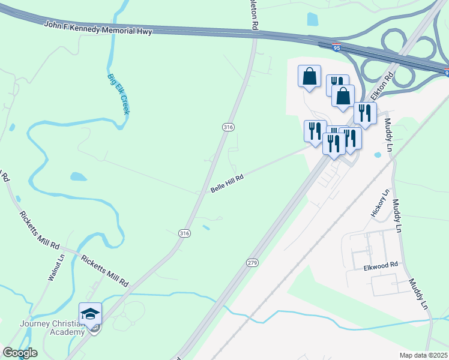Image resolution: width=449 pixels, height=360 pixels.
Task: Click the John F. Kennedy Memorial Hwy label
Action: point(98,28)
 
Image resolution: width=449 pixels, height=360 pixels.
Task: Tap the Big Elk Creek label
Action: point(118,94)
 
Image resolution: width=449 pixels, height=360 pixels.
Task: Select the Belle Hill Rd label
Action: point(227,184)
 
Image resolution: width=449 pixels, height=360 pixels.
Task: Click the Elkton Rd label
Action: point(381,86)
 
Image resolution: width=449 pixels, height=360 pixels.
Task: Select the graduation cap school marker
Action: point(90,314)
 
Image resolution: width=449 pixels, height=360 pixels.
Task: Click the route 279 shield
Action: point(252,263)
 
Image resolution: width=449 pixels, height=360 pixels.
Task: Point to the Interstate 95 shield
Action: point(337,45)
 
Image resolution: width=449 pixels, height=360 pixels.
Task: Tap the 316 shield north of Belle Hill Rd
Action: point(228,127)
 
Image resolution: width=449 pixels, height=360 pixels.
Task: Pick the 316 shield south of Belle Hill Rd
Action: point(184,233)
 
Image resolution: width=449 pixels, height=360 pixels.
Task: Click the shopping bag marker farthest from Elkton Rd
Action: point(310,76)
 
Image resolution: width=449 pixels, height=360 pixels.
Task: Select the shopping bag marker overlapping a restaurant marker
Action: point(343,96)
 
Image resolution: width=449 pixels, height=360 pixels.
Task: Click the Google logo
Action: point(20,353)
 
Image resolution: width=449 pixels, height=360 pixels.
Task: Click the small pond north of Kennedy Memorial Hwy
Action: point(312,19)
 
